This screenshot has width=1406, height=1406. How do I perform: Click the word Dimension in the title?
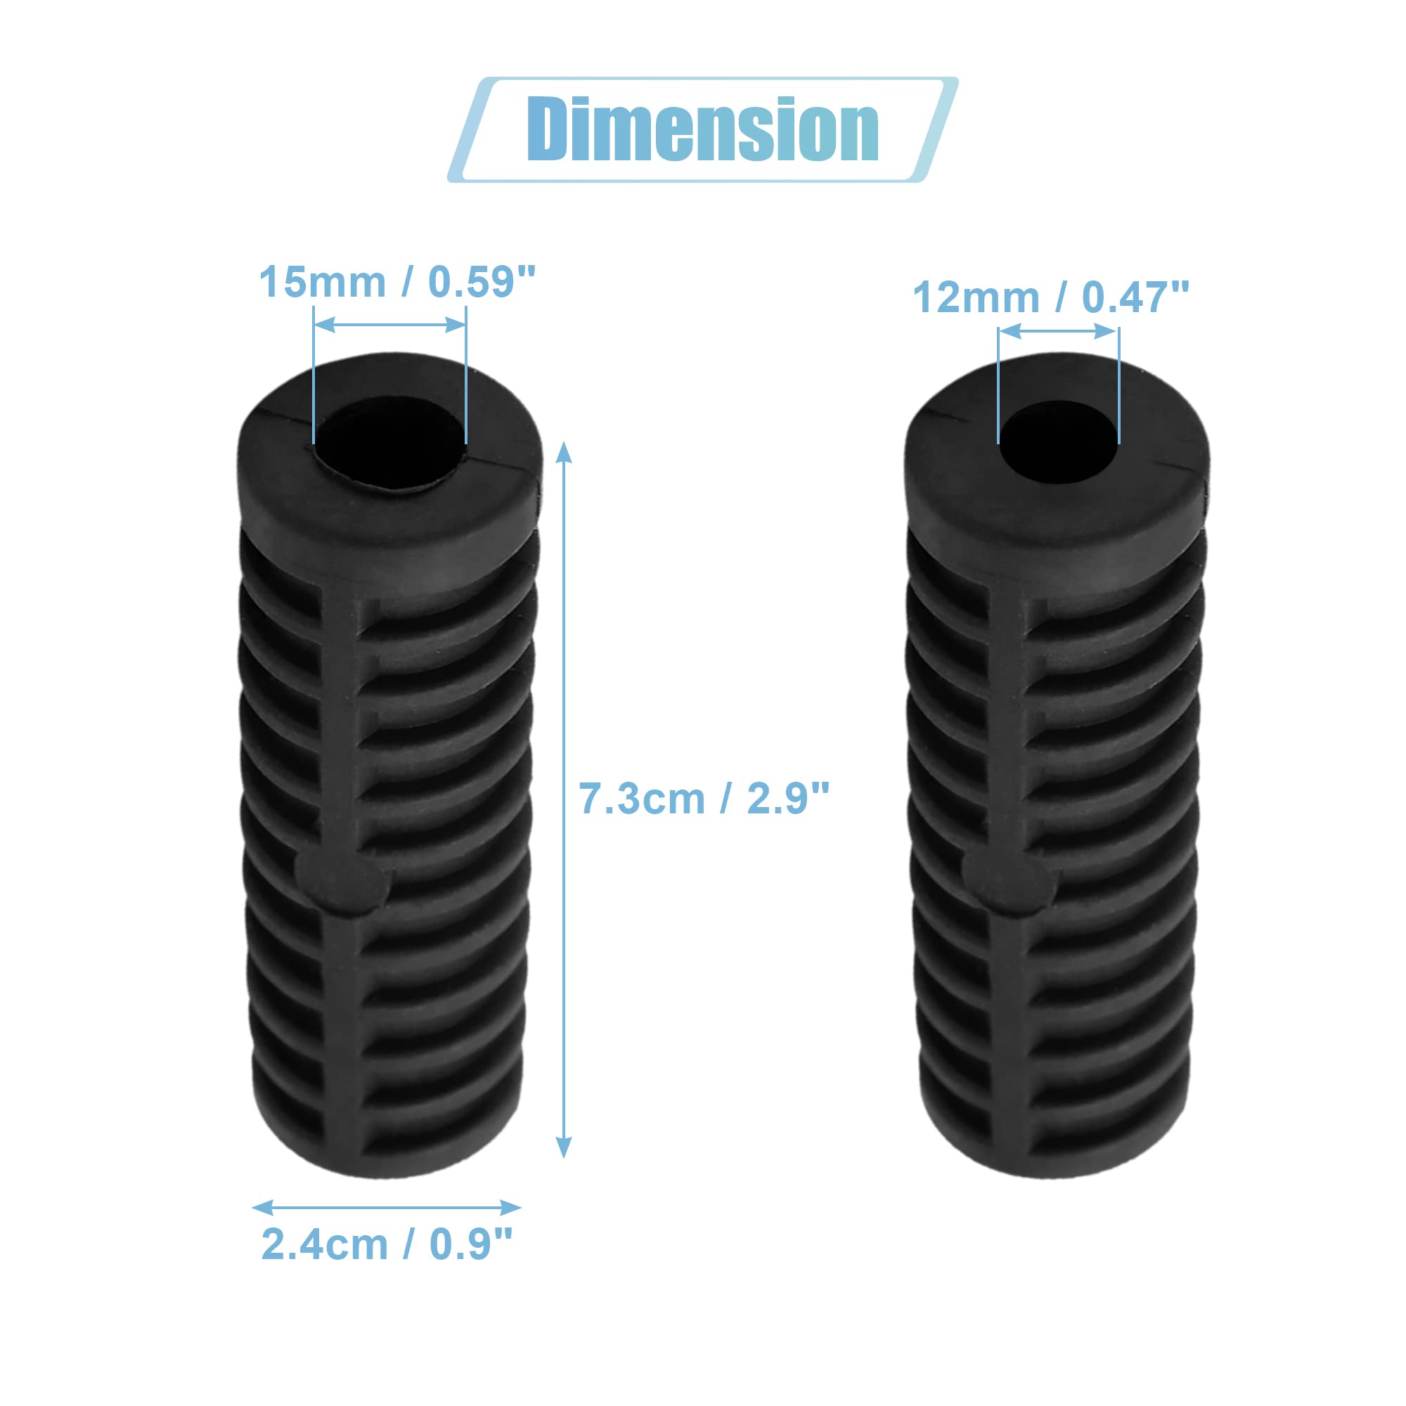coord(703,129)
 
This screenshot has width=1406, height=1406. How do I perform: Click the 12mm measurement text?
coord(975,297)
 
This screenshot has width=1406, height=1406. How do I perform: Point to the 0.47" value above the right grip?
coord(1135,297)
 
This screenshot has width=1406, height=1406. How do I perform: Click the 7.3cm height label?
coord(642,799)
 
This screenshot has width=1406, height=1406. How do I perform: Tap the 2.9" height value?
coord(788,799)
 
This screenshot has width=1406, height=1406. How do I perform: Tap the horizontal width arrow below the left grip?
coord(387,1207)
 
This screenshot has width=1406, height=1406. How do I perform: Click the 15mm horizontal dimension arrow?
coord(390,325)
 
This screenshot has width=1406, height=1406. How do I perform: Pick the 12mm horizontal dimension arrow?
coord(1058,332)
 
